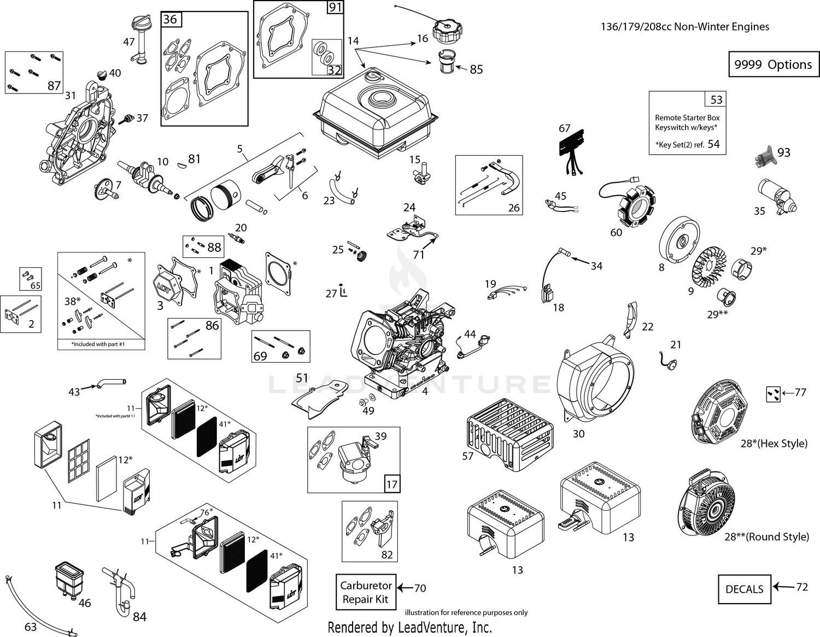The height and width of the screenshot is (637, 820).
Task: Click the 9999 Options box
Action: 773,64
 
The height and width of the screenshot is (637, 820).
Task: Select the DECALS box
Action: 744,589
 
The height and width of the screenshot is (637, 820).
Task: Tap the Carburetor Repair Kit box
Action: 365,593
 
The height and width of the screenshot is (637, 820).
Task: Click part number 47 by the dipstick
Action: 129,42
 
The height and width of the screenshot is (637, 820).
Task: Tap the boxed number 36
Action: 171,20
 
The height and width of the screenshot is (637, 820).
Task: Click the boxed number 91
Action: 335,8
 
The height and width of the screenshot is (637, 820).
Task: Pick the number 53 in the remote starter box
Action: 716,99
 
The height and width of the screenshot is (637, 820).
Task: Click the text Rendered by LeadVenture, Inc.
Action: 409,627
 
